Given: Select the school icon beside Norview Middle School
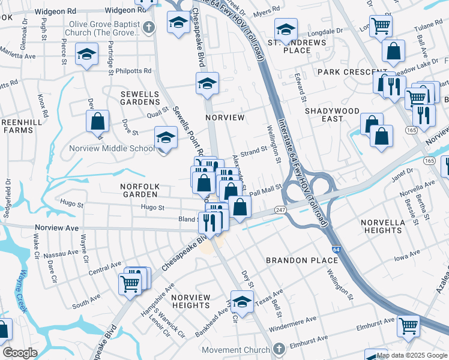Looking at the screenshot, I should pyautogui.click(x=166, y=138).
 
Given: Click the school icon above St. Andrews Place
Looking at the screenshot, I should pyautogui.click(x=286, y=29).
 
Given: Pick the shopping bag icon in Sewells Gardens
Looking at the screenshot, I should pyautogui.click(x=97, y=122).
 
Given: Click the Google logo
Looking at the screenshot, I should pyautogui.click(x=19, y=353).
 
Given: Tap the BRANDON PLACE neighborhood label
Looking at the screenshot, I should pyautogui.click(x=298, y=260).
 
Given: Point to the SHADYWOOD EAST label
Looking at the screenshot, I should pyautogui.click(x=332, y=115).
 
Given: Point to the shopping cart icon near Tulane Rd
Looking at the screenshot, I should pyautogui.click(x=380, y=26).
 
